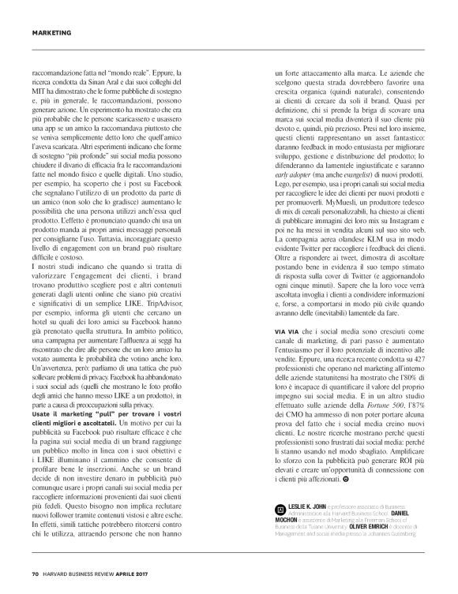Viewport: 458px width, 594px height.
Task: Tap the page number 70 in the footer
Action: point(36,573)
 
